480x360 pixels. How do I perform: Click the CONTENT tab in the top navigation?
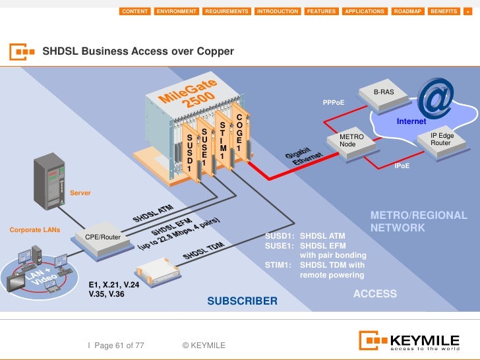point(135,11)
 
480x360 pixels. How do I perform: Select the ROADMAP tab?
point(407,11)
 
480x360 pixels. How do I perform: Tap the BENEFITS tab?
point(443,11)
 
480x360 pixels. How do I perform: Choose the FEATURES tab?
point(322,11)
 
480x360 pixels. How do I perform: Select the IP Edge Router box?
point(440,140)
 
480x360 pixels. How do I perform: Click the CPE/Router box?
point(103,238)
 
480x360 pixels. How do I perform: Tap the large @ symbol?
point(436,99)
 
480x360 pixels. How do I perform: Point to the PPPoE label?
point(333,103)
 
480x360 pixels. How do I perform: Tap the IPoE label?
point(402,166)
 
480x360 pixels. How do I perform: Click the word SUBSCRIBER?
point(243,301)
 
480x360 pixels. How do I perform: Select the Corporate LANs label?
point(34,230)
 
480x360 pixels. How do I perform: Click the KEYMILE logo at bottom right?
point(409,341)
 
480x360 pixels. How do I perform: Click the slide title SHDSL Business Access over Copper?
point(138,51)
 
